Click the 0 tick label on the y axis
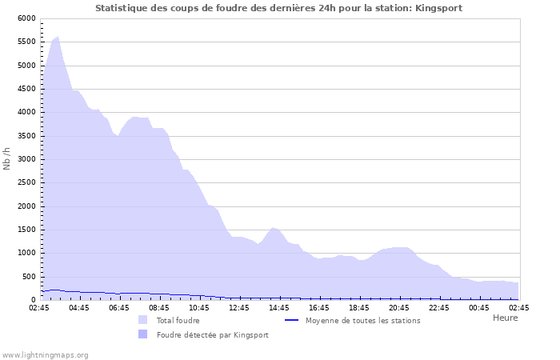click(x=33, y=300)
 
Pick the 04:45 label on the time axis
click(x=79, y=308)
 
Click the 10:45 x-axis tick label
click(x=199, y=308)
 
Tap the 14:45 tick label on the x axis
click(x=279, y=308)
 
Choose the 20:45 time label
click(x=399, y=308)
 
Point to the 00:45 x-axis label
click(x=479, y=308)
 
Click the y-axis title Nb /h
click(x=7, y=158)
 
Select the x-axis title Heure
click(x=505, y=318)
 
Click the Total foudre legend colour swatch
click(x=142, y=320)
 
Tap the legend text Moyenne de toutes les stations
click(x=362, y=321)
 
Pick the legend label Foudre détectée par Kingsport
click(x=212, y=335)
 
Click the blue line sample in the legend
click(x=291, y=320)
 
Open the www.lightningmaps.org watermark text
click(x=45, y=354)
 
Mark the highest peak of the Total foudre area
click(x=58, y=37)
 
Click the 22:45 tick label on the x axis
click(x=439, y=308)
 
